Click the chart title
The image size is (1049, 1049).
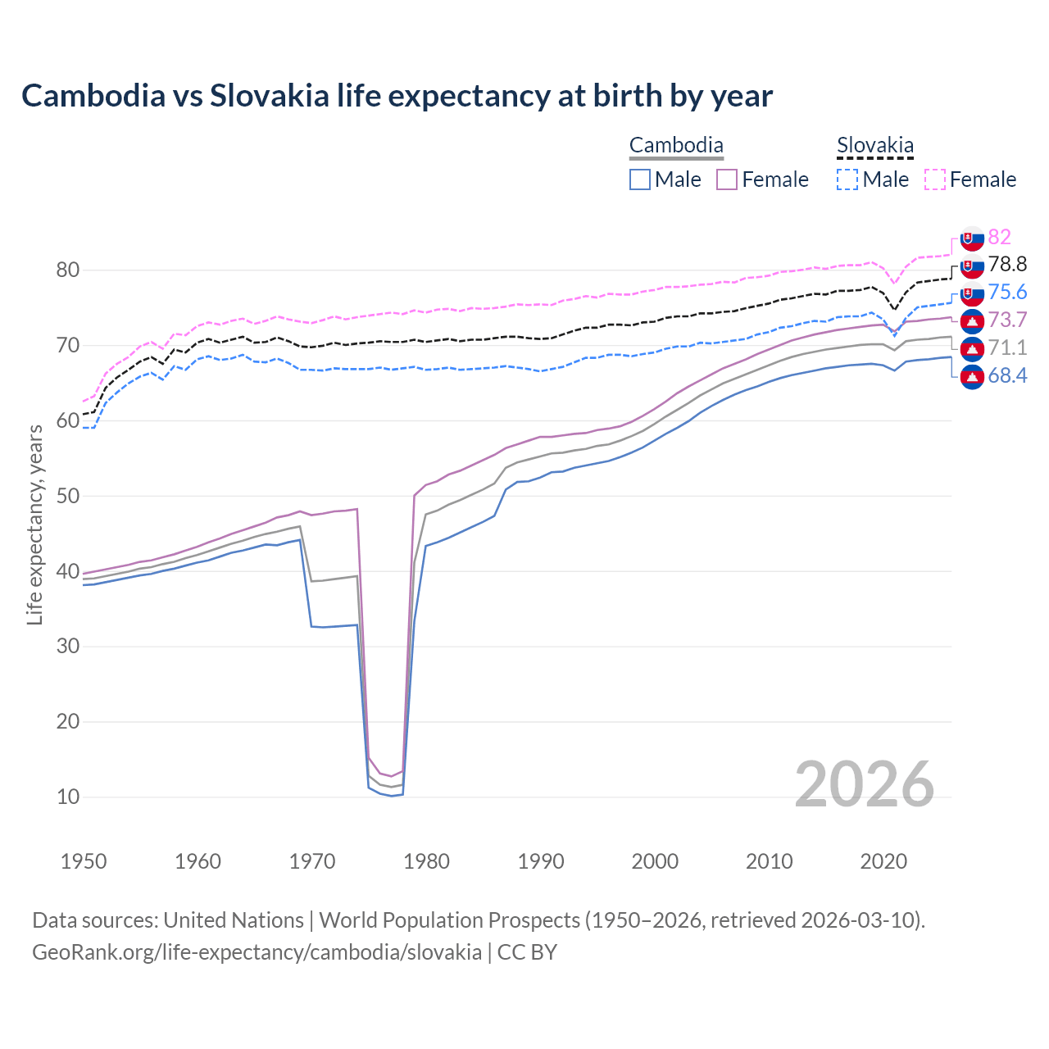click(x=397, y=96)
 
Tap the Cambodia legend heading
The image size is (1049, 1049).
click(x=676, y=146)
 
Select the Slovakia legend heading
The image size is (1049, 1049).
click(x=874, y=146)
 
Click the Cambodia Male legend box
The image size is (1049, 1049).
click(x=640, y=179)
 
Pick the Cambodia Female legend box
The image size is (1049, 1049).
click(x=727, y=179)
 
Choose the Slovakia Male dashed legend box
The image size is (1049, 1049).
click(x=847, y=179)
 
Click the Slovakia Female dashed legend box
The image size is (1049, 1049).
click(x=935, y=179)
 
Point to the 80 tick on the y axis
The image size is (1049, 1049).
click(x=67, y=270)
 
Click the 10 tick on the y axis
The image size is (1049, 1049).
click(x=67, y=797)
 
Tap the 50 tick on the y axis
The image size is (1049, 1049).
click(x=67, y=496)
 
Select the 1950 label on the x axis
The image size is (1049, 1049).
click(x=84, y=861)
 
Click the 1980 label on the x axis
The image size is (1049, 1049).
click(x=426, y=861)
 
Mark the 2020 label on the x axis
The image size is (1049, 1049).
click(x=883, y=861)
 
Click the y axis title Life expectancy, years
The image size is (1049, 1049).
click(x=34, y=524)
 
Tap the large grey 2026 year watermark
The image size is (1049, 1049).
click(x=864, y=784)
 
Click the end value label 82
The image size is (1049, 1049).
click(x=999, y=237)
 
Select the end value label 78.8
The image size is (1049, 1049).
click(x=1007, y=264)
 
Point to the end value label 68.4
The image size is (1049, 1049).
click(x=1007, y=376)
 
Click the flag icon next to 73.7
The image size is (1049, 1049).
click(x=972, y=320)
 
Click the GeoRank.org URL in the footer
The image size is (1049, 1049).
click(x=257, y=952)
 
